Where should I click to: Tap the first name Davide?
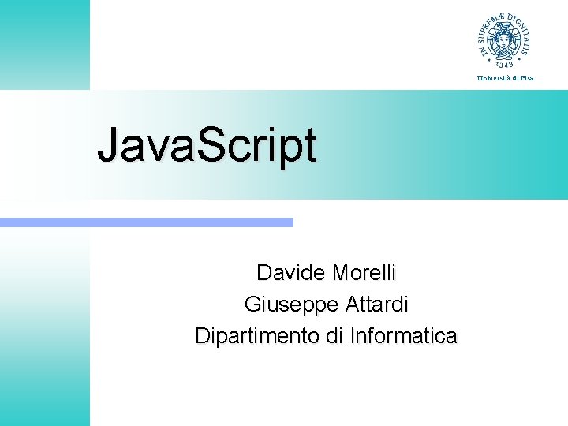pos(290,273)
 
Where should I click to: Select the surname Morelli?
pos(364,273)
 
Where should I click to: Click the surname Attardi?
pos(376,304)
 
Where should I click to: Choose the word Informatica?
pos(403,336)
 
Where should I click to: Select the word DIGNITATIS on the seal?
pos(521,28)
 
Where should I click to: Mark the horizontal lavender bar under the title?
pos(147,222)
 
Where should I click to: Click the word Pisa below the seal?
pos(525,77)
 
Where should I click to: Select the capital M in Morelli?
pos(341,273)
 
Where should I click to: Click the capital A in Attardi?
pos(352,304)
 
